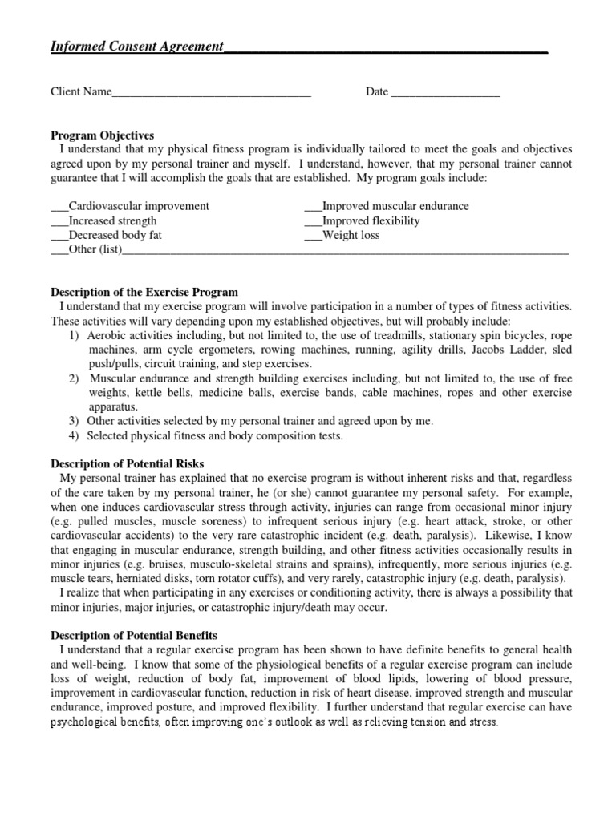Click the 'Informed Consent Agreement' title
click(137, 47)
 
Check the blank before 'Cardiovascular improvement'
click(59, 208)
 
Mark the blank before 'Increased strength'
click(59, 222)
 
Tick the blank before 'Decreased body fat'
click(59, 237)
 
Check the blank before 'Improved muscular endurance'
click(313, 208)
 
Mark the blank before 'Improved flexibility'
click(313, 222)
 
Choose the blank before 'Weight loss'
click(313, 237)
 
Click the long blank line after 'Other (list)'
click(345, 252)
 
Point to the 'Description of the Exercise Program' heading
click(144, 293)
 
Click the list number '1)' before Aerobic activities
click(74, 336)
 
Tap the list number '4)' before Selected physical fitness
click(74, 436)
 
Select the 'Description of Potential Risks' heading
click(128, 463)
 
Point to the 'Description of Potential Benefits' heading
click(134, 636)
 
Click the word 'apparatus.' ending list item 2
click(113, 407)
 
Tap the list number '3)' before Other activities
click(74, 422)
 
